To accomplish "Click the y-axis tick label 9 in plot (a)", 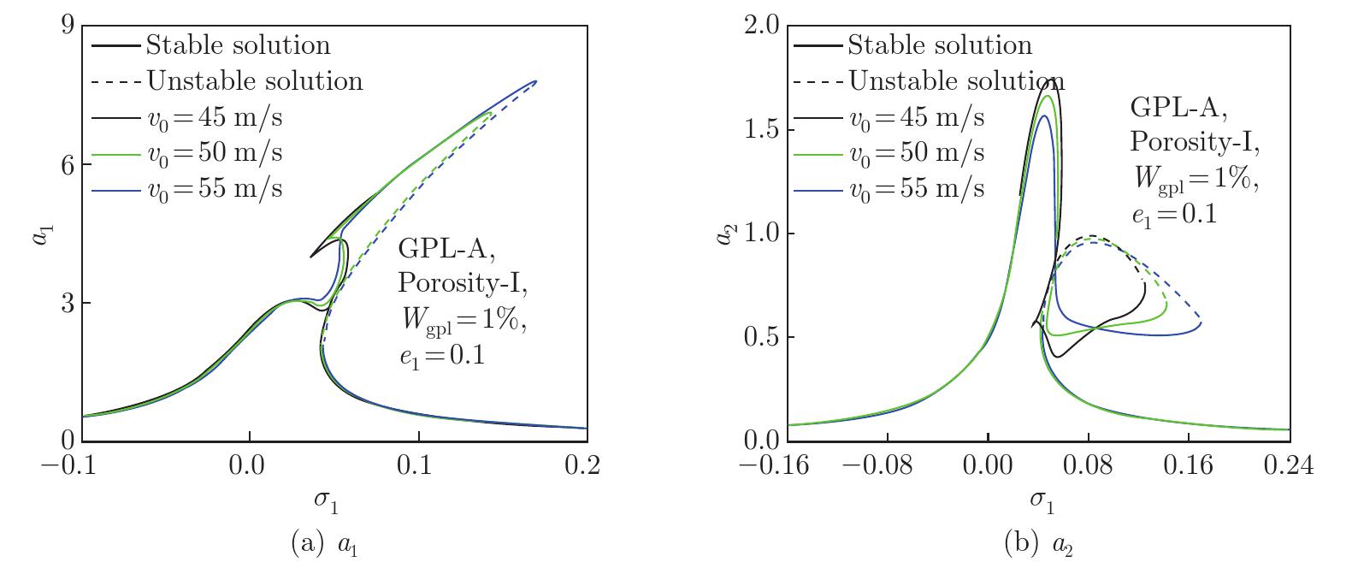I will [x=65, y=27].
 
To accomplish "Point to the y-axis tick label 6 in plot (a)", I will [x=65, y=165].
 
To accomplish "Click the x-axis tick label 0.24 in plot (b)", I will [x=1288, y=466].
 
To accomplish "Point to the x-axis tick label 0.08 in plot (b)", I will [x=1088, y=466].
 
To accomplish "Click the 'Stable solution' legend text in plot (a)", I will [x=238, y=44].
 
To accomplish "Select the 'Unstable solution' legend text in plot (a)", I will [x=255, y=80].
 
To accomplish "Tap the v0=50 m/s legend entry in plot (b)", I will [x=916, y=152].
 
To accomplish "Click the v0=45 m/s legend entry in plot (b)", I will [x=916, y=117].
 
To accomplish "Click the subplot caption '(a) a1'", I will [x=324, y=545].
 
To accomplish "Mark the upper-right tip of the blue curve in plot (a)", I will [x=536, y=81].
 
